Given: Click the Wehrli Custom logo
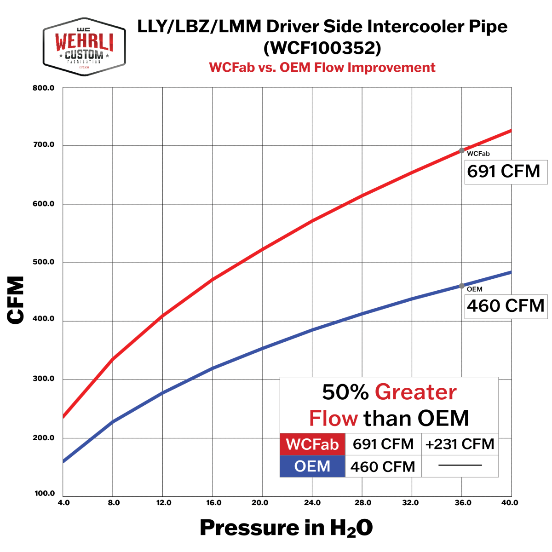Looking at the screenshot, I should [x=84, y=46].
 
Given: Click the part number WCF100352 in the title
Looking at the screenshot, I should [x=322, y=48].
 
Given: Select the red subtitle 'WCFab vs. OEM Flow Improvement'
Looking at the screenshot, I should [x=322, y=68].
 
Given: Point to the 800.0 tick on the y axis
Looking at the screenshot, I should [x=44, y=88].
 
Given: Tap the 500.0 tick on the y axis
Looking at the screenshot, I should [x=44, y=262].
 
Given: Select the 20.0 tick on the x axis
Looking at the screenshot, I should [x=260, y=503].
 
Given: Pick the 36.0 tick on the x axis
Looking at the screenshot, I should [x=462, y=503].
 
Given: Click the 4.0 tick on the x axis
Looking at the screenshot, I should [x=64, y=503].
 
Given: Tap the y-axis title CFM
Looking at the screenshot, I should [x=16, y=300].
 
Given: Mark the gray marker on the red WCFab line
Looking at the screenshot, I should [x=461, y=150].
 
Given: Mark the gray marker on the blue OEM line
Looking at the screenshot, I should [x=461, y=286].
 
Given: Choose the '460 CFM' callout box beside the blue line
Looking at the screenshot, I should [x=505, y=306].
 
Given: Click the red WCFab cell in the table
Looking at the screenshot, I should [x=312, y=444].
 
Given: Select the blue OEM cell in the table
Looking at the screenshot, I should [x=312, y=466].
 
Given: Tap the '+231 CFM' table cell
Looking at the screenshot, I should [x=460, y=444].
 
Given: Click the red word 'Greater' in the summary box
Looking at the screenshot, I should [x=416, y=392].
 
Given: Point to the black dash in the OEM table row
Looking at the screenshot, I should [x=460, y=466].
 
